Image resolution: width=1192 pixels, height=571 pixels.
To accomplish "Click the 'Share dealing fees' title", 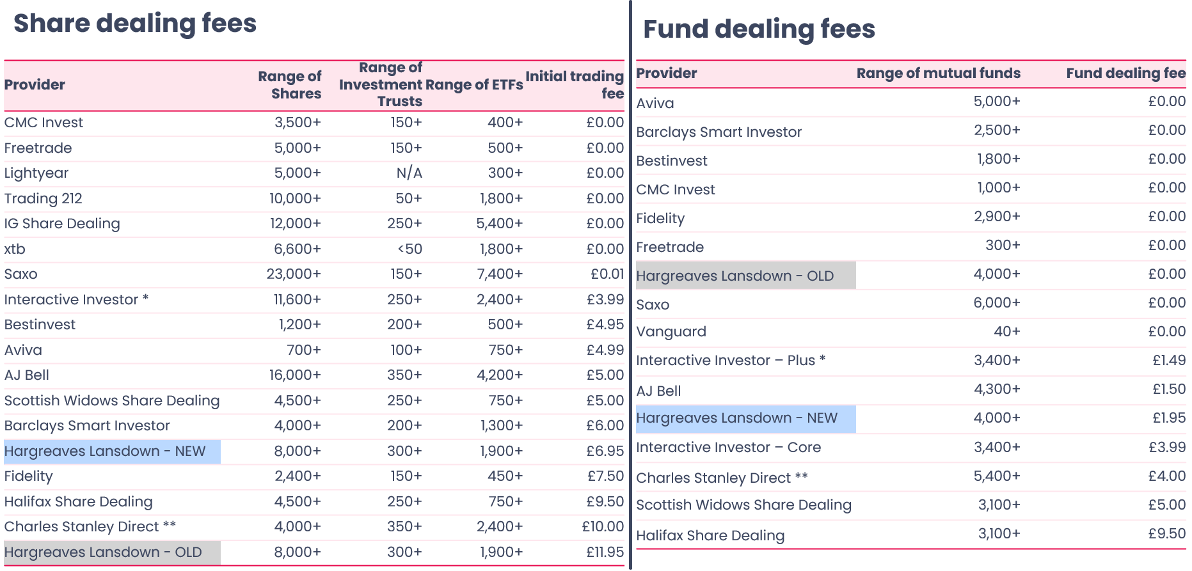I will click(135, 24).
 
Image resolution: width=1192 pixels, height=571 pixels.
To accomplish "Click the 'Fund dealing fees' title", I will click(759, 29).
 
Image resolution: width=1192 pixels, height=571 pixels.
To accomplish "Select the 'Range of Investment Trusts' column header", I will click(381, 84).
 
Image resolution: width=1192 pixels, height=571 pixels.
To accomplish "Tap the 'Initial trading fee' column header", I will click(575, 84).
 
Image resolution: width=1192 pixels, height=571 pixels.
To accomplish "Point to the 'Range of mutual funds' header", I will click(938, 74).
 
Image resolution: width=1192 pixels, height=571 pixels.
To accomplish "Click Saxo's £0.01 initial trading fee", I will click(607, 274).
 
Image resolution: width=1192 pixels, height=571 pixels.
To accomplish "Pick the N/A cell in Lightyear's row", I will click(409, 173).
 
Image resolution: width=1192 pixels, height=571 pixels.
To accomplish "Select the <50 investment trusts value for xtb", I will click(409, 249).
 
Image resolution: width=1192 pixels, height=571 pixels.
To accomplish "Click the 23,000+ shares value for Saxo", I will click(294, 274).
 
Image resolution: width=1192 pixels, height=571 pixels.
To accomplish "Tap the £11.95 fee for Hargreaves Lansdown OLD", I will click(605, 552).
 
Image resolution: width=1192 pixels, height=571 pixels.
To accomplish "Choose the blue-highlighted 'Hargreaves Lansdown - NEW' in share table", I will click(105, 451).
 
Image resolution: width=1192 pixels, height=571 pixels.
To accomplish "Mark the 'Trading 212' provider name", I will click(44, 199).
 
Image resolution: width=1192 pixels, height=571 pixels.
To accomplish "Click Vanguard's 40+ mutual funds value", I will click(1006, 332).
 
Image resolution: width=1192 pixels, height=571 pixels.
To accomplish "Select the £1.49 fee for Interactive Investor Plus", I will click(1169, 361).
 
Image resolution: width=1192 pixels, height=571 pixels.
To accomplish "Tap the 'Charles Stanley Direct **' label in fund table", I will click(722, 478).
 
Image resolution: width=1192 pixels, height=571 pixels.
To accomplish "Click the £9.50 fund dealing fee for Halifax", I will click(1167, 534).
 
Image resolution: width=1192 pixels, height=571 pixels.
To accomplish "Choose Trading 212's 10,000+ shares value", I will click(295, 199).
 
